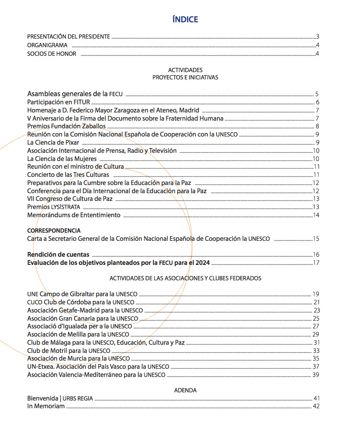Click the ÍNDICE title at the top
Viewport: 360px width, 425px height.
coord(185,19)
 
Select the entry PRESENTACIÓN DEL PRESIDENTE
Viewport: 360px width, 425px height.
coord(69,36)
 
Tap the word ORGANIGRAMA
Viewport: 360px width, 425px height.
coord(46,45)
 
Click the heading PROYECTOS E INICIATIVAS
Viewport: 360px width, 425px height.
coord(185,78)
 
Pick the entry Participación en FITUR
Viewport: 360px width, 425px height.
coord(59,102)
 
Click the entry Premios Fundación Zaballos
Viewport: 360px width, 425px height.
coord(66,126)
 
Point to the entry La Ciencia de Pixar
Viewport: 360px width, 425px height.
coord(53,143)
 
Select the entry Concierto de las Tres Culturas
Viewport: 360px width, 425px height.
coord(68,175)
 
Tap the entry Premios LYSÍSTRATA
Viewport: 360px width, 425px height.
coord(54,207)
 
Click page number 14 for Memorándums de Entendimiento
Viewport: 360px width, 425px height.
coord(316,215)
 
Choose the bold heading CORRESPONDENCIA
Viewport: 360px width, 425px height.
coord(54,231)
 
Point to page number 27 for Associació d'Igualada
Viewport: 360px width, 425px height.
coord(316,326)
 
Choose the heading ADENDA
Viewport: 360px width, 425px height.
coord(185,390)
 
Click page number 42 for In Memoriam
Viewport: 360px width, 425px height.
coord(317,406)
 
